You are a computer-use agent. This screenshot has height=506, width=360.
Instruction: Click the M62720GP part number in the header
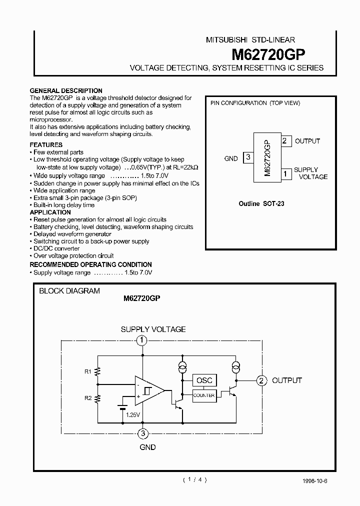pyautogui.click(x=269, y=54)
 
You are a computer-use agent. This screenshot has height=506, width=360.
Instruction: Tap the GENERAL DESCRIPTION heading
pyautogui.click(x=66, y=91)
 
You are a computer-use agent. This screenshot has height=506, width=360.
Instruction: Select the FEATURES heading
pyautogui.click(x=46, y=144)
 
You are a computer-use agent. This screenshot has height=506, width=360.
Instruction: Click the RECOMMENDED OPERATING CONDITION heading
pyautogui.click(x=90, y=264)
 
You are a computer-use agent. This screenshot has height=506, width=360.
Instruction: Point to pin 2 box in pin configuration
pyautogui.click(x=284, y=141)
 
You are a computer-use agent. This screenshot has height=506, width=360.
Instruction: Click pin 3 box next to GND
pyautogui.click(x=247, y=158)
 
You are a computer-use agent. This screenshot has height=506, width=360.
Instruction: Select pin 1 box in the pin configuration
pyautogui.click(x=284, y=173)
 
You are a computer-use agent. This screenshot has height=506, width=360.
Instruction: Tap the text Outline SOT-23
pyautogui.click(x=262, y=204)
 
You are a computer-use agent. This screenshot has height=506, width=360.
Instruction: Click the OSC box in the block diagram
pyautogui.click(x=204, y=380)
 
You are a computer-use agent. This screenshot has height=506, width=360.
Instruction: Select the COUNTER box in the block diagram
pyautogui.click(x=204, y=395)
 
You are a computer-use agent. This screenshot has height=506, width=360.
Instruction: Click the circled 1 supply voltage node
pyautogui.click(x=142, y=341)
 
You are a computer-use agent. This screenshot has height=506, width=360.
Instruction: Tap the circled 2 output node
pyautogui.click(x=261, y=380)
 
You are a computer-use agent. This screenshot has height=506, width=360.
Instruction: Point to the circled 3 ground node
pyautogui.click(x=143, y=433)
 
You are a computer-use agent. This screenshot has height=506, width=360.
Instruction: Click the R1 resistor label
pyautogui.click(x=87, y=371)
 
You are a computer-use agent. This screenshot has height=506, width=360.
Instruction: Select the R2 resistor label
pyautogui.click(x=87, y=398)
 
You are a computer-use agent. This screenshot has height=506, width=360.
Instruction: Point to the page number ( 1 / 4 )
pyautogui.click(x=194, y=479)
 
